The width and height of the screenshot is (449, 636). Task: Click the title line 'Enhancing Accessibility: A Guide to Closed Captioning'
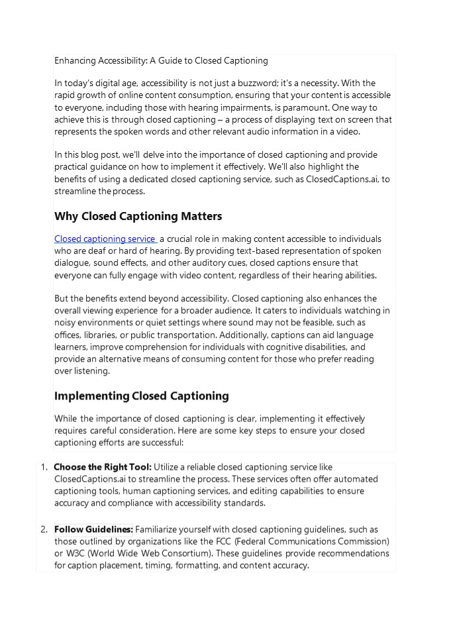(161, 60)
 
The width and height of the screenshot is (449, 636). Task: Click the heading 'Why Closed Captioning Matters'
(138, 216)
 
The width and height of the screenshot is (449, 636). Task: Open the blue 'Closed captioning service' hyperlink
(105, 238)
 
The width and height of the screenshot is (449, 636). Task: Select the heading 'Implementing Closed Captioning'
(141, 396)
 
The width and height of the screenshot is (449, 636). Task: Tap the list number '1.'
(43, 467)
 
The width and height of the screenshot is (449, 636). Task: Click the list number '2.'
(43, 529)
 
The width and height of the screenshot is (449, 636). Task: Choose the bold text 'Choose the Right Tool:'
(103, 467)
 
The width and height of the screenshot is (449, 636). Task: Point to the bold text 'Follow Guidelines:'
(93, 529)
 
